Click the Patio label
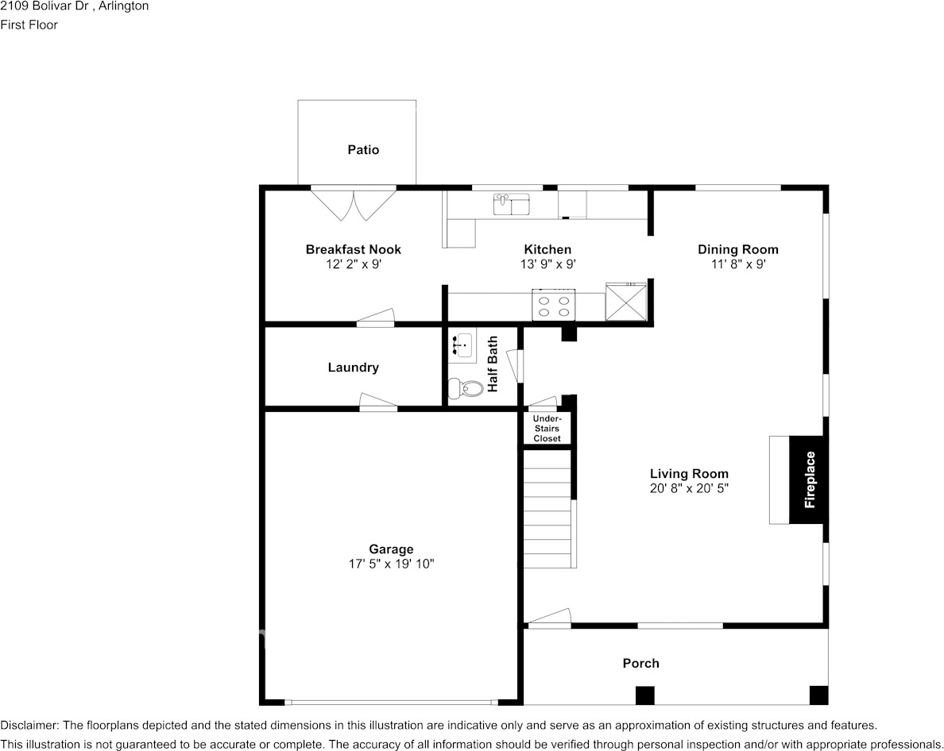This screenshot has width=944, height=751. [363, 150]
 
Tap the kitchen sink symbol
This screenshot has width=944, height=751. [511, 205]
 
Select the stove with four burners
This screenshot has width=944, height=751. [554, 305]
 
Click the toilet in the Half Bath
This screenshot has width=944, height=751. [466, 388]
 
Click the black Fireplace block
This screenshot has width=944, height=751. [809, 479]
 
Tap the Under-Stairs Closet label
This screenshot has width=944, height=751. [547, 428]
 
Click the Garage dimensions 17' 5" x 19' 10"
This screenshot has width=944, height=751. [391, 564]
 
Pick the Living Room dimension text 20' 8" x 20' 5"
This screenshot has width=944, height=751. [689, 488]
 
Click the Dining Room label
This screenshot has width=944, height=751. [738, 249]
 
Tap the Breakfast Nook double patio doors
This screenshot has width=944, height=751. [354, 205]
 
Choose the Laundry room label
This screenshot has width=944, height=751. [354, 368]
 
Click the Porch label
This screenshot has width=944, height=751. [640, 663]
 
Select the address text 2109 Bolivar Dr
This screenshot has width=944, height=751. [44, 6]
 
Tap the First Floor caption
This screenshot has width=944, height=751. [29, 25]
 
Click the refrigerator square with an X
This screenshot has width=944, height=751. [626, 302]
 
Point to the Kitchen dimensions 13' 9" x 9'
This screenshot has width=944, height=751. [547, 264]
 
